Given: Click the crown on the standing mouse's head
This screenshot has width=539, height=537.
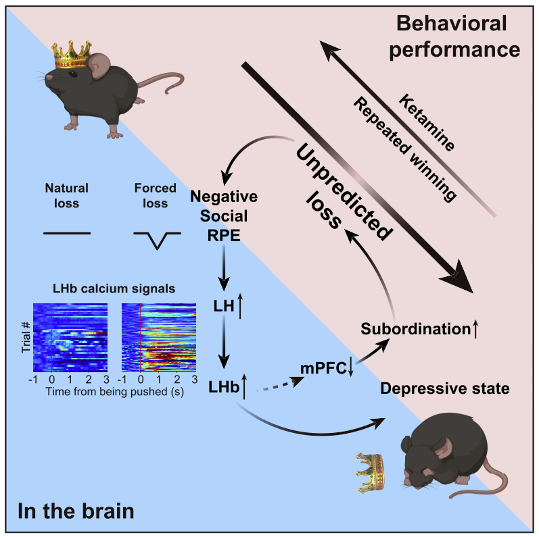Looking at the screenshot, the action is [x=72, y=55].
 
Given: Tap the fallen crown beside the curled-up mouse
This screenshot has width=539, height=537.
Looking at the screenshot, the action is [x=370, y=473].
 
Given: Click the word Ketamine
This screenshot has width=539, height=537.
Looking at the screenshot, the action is [x=427, y=122].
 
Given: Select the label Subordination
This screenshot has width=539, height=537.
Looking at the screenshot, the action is [x=416, y=329].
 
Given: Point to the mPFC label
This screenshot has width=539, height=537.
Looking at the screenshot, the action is [x=323, y=368].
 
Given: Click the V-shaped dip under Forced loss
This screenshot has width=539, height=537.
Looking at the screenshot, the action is [x=157, y=240].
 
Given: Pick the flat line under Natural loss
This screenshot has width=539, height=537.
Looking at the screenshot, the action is [x=67, y=234].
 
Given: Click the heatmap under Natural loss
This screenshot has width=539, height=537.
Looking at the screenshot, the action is [x=70, y=338].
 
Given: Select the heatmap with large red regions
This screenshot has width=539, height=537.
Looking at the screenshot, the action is [x=159, y=338].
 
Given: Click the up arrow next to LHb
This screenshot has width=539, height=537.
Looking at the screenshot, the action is [x=244, y=387].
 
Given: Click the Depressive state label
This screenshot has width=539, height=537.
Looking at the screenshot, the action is [x=445, y=388].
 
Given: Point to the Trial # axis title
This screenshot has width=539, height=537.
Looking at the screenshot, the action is [x=26, y=338].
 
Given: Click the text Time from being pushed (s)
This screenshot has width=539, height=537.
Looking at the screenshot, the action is [x=115, y=391].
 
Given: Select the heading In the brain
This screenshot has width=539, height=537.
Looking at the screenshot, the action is [x=76, y=511].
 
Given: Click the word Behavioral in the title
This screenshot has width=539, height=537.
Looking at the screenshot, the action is [x=452, y=24].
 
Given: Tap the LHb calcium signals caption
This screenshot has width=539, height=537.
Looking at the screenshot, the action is [x=114, y=288].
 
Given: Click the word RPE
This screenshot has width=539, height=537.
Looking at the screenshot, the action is [x=224, y=236].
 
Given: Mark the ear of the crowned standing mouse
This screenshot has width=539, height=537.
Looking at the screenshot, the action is [x=99, y=66].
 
